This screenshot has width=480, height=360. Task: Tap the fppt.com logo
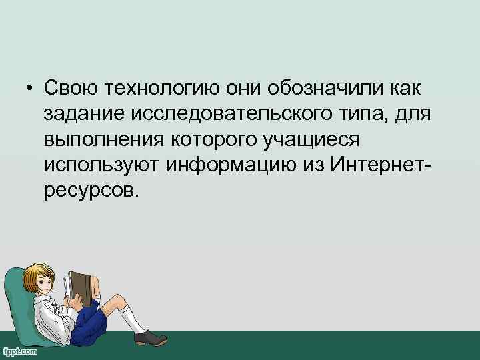20,351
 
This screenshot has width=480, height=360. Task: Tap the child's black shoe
149,337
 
